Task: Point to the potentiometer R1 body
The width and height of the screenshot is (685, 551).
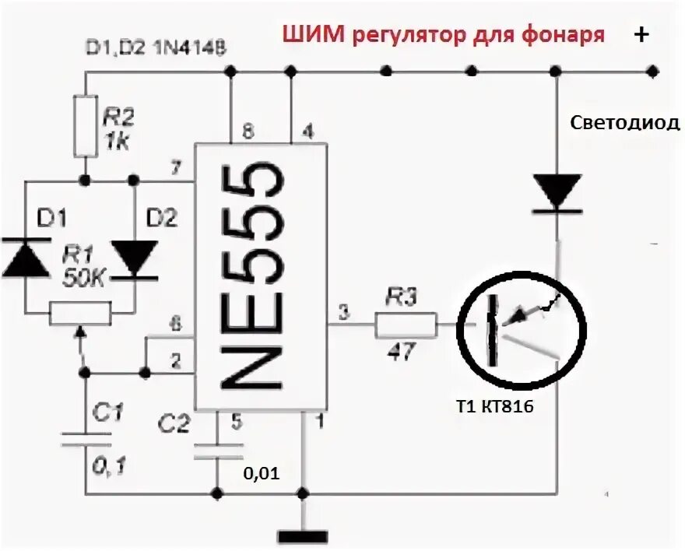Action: click(80, 314)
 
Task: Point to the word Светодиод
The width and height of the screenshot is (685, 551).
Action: click(625, 123)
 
